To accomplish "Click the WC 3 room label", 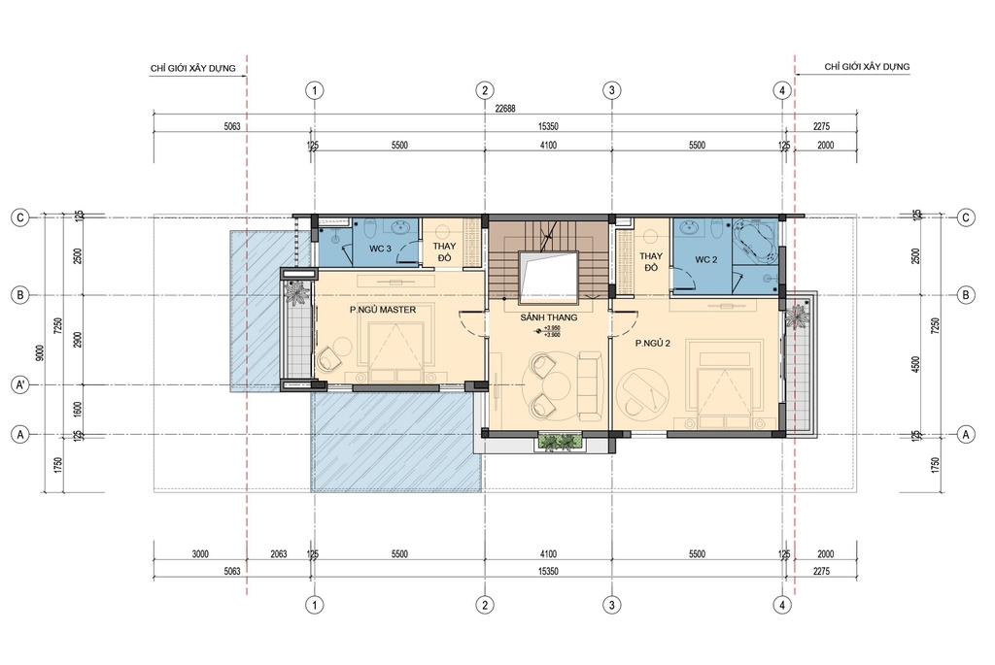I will (380, 249).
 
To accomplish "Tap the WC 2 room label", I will (706, 259).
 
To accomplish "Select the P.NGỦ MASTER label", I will (384, 310).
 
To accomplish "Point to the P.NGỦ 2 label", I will (654, 344).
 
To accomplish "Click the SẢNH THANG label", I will (549, 317).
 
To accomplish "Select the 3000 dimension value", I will (199, 554).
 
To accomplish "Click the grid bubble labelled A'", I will (18, 383).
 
